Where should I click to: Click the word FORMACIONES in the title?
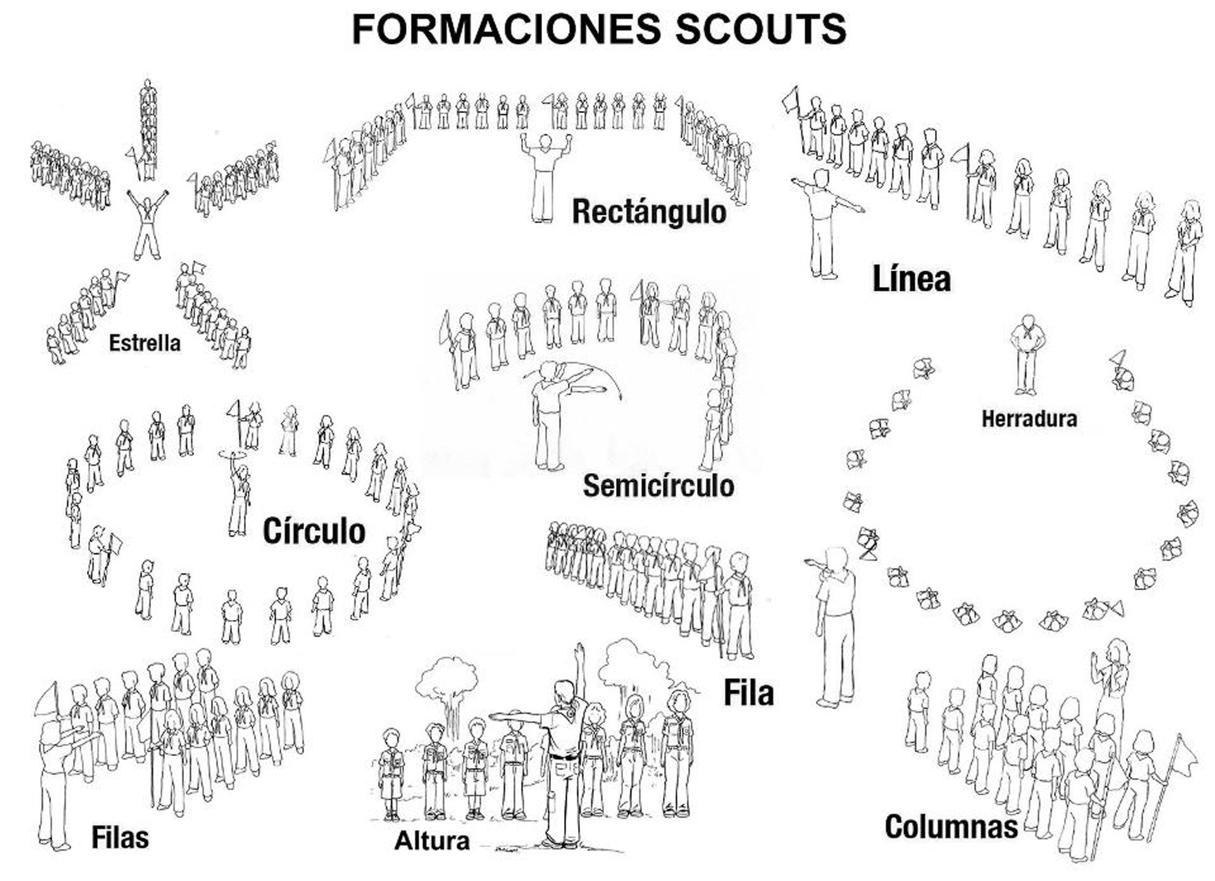coord(507,30)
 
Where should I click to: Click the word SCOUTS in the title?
coord(760,30)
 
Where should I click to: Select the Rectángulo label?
coord(649,211)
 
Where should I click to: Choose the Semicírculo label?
coord(658,486)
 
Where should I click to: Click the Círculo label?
coord(314,531)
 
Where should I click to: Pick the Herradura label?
coord(1029,419)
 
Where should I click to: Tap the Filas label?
coord(120,838)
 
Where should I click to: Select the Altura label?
coord(432,841)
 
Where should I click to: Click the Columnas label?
coord(951,827)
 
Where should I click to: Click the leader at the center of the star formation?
coord(147,225)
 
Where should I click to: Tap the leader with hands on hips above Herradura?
coord(1026,354)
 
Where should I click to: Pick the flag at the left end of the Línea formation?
coord(791,101)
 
